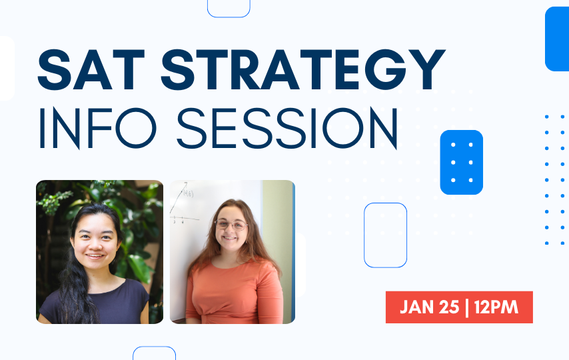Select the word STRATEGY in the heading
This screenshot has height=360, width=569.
tap(303, 69)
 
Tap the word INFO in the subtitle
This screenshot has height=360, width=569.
tap(97, 128)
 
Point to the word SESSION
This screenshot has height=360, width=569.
tap(287, 128)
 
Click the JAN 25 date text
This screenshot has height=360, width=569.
tap(430, 307)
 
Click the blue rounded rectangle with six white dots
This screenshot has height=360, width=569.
tap(461, 162)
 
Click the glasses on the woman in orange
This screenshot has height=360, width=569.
tap(231, 225)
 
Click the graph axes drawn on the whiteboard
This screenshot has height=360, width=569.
tap(183, 203)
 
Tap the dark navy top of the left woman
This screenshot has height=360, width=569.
tap(95, 301)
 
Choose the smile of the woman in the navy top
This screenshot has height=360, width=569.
tap(95, 256)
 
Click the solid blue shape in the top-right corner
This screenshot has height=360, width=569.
tap(557, 39)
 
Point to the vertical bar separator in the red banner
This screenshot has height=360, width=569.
tap(466, 307)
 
